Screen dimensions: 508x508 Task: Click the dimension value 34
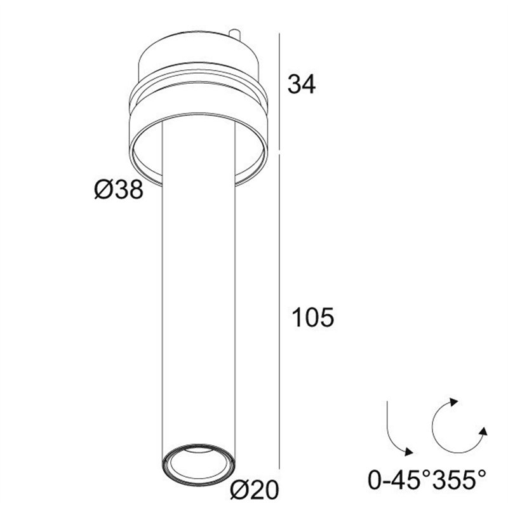302,83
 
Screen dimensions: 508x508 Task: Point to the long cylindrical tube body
199,305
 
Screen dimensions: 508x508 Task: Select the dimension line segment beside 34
280,89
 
